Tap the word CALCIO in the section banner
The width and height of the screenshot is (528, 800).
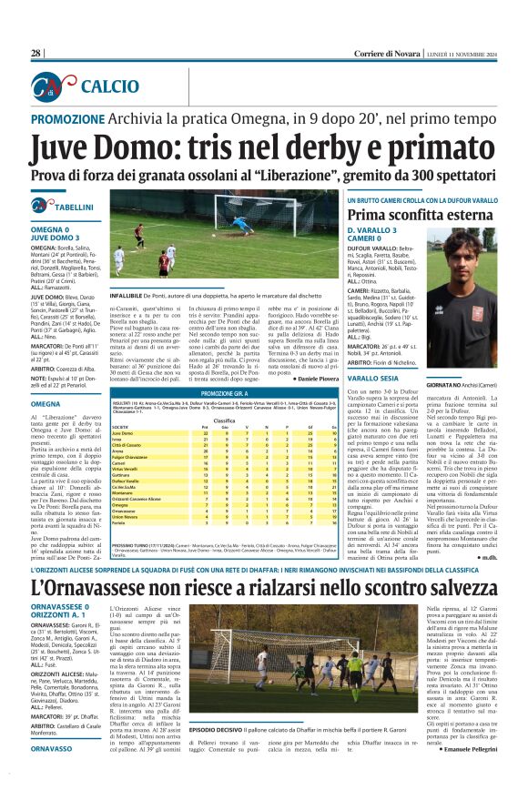click(106, 86)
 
